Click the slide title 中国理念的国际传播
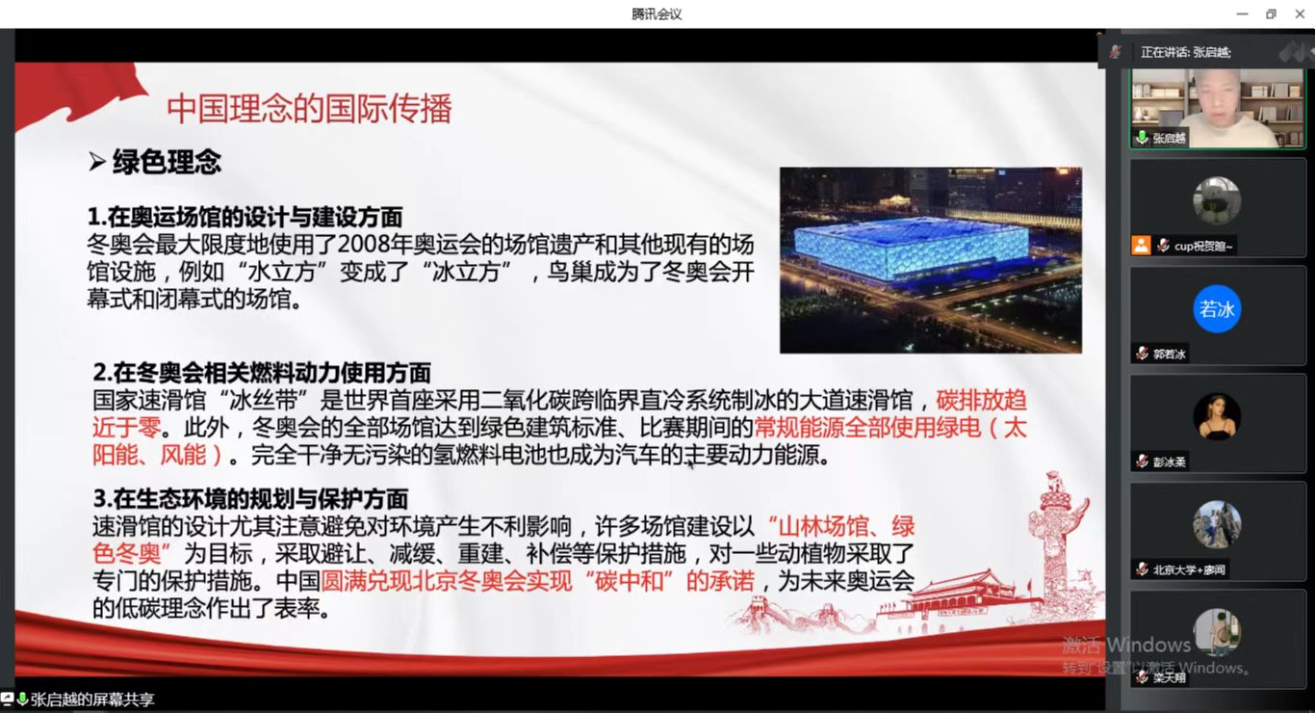tap(309, 108)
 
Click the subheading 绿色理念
tap(167, 162)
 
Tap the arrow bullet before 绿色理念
tap(96, 162)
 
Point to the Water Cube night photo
tap(930, 259)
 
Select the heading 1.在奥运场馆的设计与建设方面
tap(245, 217)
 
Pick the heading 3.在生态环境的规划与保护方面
tap(250, 498)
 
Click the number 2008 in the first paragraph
tap(366, 243)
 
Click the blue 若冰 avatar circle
tap(1217, 309)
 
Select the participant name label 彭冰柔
tap(1170, 462)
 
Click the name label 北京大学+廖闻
tap(1189, 569)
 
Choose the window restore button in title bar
tap(1271, 13)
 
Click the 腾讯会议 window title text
tap(657, 13)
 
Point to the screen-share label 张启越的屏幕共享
tap(91, 700)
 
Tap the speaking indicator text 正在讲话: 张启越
tap(1185, 52)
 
